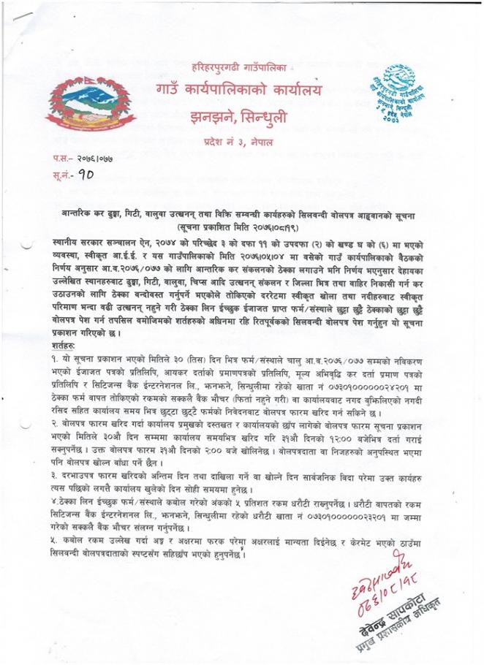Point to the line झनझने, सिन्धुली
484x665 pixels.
click(239, 117)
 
